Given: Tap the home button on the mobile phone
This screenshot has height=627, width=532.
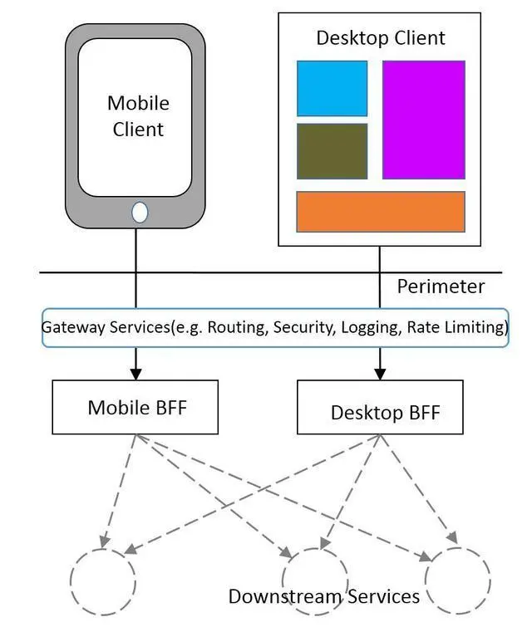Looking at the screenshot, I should pos(140,213).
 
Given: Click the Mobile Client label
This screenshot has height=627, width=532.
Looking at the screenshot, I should pos(138,116).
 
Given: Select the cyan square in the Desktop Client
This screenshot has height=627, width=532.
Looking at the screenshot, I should pos(332,88).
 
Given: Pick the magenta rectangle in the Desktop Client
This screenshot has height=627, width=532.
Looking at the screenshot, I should pos(423,120).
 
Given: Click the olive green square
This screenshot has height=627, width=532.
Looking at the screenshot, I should pos(332,151).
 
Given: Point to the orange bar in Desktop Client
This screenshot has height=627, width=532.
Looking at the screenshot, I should pos(381,211).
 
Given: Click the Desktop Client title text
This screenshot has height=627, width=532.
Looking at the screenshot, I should pos(381,38).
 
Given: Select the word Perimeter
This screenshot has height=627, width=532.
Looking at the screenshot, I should pos(440,287).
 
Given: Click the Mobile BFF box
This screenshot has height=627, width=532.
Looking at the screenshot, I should pos(135,407).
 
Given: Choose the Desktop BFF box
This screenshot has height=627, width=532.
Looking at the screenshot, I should pos(380,408).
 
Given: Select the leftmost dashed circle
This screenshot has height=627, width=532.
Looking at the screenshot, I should pos(102,580).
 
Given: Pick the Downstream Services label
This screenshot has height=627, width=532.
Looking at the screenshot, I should pos(323,596).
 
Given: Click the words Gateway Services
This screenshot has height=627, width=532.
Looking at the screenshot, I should pos(106,327).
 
